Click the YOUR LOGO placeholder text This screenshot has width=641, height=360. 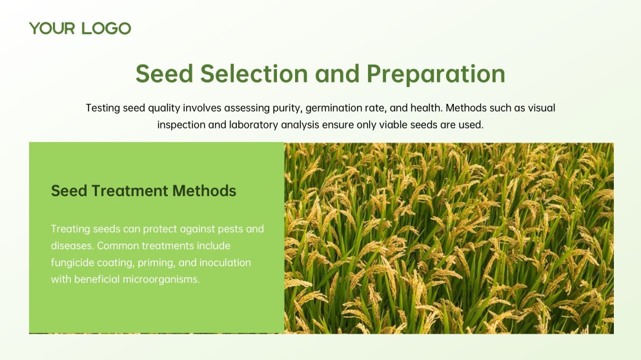(x=80, y=28)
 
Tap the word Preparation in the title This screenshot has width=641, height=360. (x=436, y=74)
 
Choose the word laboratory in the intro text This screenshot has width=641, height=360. (x=253, y=125)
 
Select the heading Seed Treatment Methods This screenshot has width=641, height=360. (x=143, y=191)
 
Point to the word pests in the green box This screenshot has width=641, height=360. (x=230, y=229)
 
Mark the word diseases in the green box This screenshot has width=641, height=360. (x=71, y=246)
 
